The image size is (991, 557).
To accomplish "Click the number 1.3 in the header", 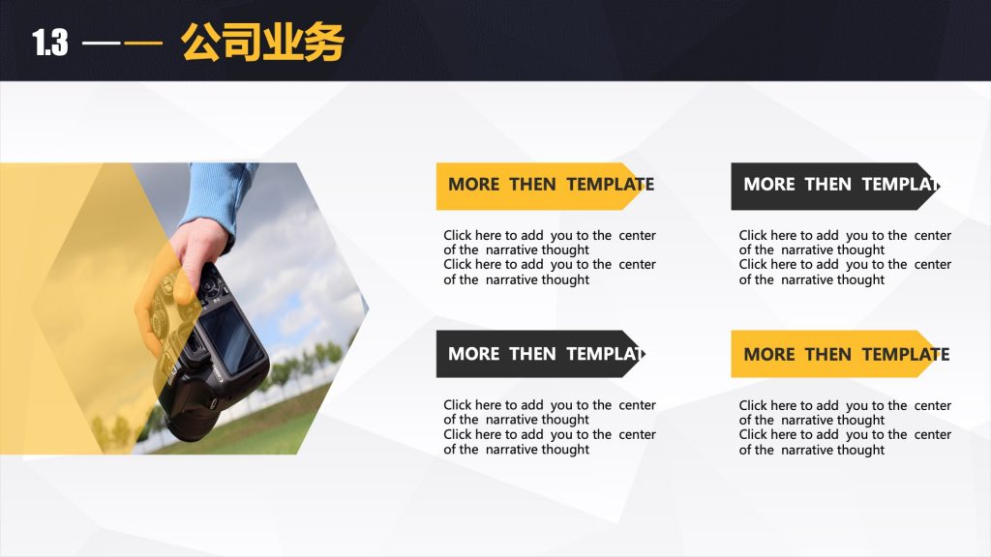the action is pyautogui.click(x=50, y=43).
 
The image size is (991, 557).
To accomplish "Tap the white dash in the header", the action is pyautogui.click(x=101, y=44).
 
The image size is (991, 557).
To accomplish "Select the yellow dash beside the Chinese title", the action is pyautogui.click(x=143, y=44).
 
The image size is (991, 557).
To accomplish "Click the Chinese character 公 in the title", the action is pyautogui.click(x=201, y=43).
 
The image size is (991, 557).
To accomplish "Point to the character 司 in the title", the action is pyautogui.click(x=242, y=43).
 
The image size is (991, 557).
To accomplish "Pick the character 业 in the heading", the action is pyautogui.click(x=283, y=43).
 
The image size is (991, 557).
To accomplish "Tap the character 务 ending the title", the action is pyautogui.click(x=323, y=43).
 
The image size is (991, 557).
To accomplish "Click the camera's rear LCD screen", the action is pyautogui.click(x=229, y=337).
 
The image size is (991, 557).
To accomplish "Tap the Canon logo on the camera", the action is pyautogui.click(x=217, y=373).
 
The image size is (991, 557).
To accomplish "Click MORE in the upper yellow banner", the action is pyautogui.click(x=474, y=185).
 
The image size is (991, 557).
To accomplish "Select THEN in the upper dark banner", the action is pyautogui.click(x=828, y=185).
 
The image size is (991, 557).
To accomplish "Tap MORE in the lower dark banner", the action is pyautogui.click(x=474, y=354).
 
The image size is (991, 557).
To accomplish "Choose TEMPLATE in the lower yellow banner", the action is pyautogui.click(x=906, y=354).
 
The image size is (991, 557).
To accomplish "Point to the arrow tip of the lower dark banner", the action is pyautogui.click(x=646, y=354).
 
